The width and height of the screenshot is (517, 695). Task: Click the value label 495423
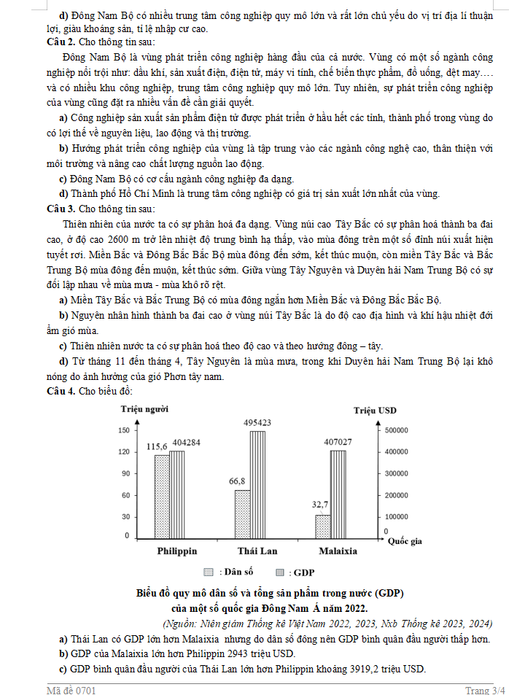click(x=257, y=423)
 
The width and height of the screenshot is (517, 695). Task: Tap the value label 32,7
click(x=320, y=505)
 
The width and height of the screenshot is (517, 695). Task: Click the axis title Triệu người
click(x=144, y=410)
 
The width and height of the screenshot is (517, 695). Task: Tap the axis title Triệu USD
click(x=375, y=411)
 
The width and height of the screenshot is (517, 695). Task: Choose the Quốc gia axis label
click(x=405, y=541)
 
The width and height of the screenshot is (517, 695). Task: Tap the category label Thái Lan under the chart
click(x=257, y=551)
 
